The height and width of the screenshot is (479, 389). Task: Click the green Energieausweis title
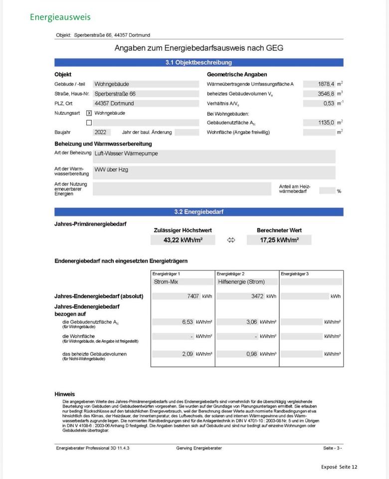(x=60, y=17)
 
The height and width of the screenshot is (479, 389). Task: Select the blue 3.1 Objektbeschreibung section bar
(x=198, y=63)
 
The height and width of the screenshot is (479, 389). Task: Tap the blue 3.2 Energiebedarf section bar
(x=198, y=212)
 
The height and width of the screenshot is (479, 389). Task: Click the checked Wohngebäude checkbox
(x=89, y=113)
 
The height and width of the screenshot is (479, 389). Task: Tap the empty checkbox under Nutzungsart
(x=89, y=123)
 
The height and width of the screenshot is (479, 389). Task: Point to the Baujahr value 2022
(x=100, y=132)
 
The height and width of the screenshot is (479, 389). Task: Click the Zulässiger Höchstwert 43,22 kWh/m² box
(x=183, y=240)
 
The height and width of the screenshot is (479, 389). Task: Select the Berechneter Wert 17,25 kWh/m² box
(x=279, y=240)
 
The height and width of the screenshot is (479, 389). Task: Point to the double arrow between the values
(x=231, y=240)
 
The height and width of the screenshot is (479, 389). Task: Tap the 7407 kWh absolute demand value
(x=193, y=296)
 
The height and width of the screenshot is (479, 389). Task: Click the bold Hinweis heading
(x=64, y=394)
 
